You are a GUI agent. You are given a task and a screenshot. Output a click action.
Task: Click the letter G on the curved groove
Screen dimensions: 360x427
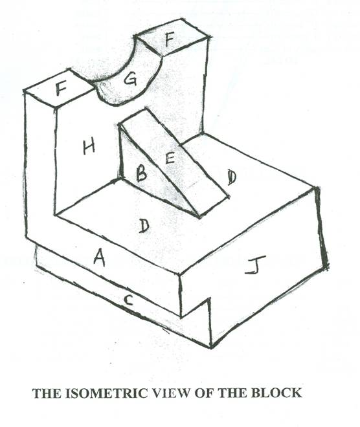point(129,79)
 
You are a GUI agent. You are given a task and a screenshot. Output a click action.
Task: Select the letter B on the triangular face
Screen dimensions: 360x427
point(141,174)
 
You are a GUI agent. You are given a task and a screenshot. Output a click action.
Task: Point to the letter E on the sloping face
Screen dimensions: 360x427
point(170,157)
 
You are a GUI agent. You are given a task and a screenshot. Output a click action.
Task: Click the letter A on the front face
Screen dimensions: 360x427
point(100,257)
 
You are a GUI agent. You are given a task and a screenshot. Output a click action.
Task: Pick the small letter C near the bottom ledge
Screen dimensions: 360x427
point(128,300)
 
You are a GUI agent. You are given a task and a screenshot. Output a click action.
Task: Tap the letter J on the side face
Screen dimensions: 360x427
point(255,265)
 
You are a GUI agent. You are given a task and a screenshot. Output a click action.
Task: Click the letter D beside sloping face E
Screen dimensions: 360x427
point(232,177)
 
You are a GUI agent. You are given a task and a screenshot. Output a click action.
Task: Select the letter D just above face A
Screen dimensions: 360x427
point(144,226)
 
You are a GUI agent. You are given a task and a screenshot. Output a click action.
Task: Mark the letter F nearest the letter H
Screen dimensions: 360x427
point(62,89)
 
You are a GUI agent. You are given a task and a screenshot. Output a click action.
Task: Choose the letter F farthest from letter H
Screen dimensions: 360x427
point(169,41)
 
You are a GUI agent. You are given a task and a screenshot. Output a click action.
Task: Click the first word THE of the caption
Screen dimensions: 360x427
point(47,393)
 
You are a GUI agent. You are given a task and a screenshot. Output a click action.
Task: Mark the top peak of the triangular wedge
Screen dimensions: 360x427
point(146,108)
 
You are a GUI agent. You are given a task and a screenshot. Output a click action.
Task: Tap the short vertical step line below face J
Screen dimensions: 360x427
point(210,323)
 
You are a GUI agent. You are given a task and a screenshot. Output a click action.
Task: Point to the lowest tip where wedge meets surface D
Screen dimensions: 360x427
point(200,217)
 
